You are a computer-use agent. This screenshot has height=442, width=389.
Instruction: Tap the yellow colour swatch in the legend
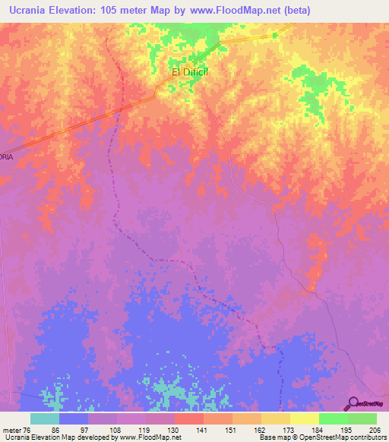304,418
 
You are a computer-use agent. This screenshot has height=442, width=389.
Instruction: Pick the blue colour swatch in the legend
73,418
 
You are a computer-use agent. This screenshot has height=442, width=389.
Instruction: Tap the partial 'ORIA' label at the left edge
6,156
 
